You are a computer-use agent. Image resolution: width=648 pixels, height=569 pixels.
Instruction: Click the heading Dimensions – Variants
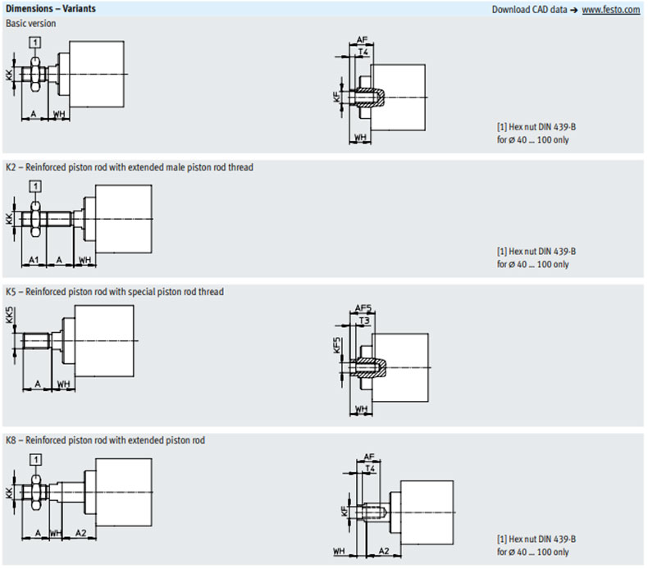50,9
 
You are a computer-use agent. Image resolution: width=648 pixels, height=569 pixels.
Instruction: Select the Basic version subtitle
31,23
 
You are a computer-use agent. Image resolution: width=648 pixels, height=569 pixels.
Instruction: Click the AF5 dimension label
363,308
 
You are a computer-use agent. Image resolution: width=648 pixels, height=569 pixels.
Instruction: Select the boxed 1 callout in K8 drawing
35,457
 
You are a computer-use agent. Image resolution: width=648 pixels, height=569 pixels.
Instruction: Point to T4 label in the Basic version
365,52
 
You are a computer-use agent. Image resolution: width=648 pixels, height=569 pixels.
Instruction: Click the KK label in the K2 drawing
9,219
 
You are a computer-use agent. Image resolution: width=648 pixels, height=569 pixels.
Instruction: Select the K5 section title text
115,291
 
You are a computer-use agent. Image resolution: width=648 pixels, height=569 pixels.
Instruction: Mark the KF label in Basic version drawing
336,97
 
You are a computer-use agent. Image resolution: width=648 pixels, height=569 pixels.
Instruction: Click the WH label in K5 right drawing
361,407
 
